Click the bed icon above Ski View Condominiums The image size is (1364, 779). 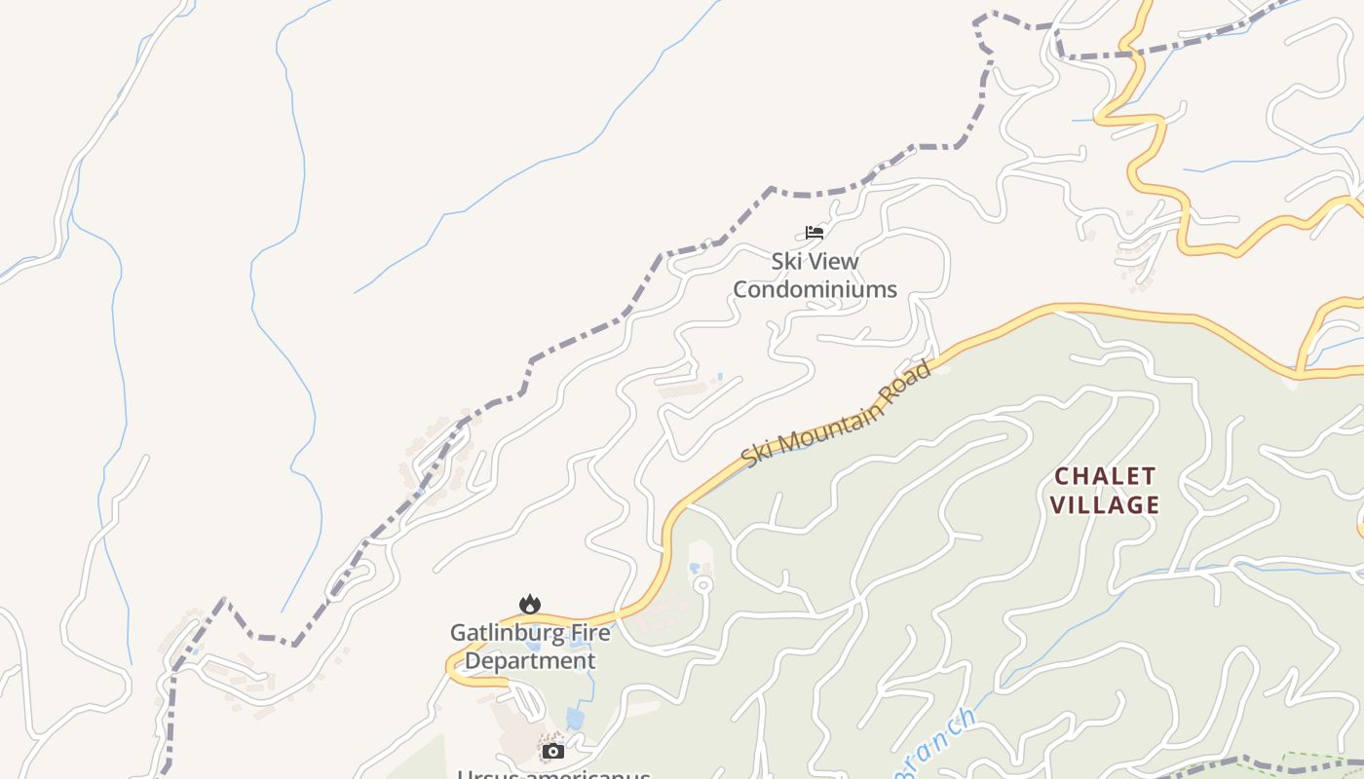pos(815,233)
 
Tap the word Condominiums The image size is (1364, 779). pos(815,289)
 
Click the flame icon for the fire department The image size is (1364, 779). pos(530,605)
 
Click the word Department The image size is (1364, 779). pos(529,661)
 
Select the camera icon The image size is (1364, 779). pos(553,751)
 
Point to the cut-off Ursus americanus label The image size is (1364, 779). pos(553,774)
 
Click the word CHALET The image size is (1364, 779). pos(1105,476)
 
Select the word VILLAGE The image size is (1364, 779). pos(1105,504)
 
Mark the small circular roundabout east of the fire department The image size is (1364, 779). pos(702,584)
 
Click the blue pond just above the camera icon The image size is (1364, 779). pos(575,719)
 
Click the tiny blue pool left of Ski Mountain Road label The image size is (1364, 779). pos(720,376)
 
